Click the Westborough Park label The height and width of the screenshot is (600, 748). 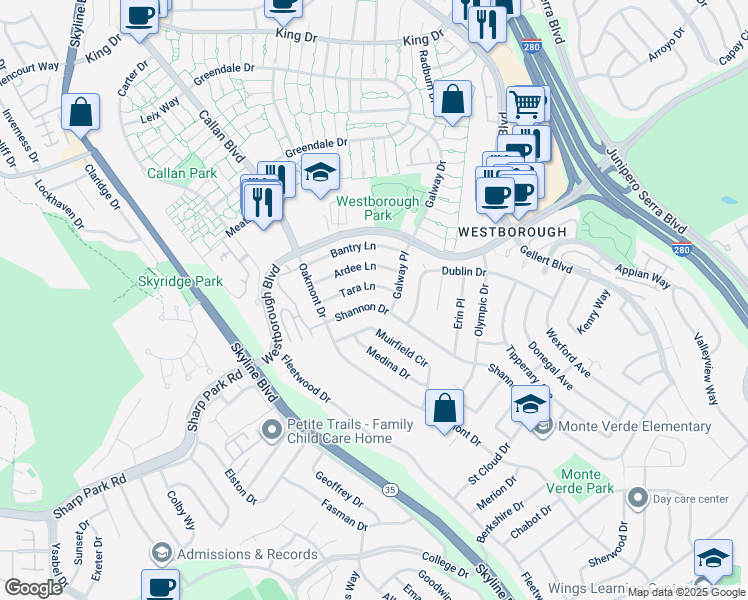(363, 207)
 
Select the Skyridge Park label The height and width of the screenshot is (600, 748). (180, 282)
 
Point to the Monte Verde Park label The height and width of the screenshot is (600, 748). (580, 481)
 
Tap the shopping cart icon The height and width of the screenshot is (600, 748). (525, 102)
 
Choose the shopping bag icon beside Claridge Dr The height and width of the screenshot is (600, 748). (80, 112)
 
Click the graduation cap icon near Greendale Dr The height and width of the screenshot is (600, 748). (320, 173)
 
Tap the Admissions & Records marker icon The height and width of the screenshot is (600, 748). (161, 553)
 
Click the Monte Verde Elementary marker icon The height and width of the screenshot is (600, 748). (543, 427)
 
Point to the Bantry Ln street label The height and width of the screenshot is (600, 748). (353, 247)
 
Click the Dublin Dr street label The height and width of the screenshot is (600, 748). (463, 271)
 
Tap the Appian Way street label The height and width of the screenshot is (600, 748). (646, 277)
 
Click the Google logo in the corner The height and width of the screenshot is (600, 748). (33, 588)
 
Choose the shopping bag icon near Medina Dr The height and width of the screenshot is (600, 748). (444, 408)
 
